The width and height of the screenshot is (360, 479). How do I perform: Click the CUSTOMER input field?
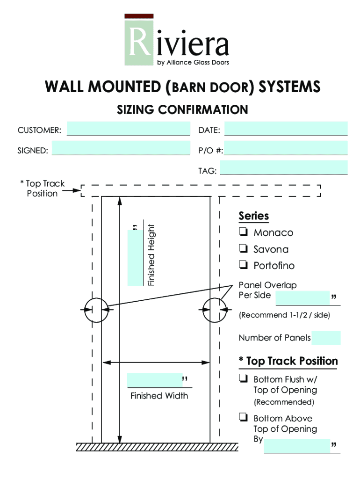pos(129,129)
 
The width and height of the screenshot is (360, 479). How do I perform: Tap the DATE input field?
pos(286,129)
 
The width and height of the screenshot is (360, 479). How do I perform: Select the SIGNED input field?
pos(121,149)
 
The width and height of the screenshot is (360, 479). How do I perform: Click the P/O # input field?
pos(286,148)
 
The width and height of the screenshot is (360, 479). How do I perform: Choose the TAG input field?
pos(284,167)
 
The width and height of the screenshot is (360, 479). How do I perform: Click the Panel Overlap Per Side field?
pos(303,298)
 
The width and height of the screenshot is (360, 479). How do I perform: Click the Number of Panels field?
pos(326,338)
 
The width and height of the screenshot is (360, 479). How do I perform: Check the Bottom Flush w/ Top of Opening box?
pos(243,378)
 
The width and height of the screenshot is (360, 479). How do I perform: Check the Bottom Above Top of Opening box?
pos(243,418)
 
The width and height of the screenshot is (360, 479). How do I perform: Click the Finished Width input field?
pos(154,380)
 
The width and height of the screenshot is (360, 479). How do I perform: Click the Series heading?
pos(254,216)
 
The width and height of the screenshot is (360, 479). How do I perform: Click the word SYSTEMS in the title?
pos(290,87)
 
